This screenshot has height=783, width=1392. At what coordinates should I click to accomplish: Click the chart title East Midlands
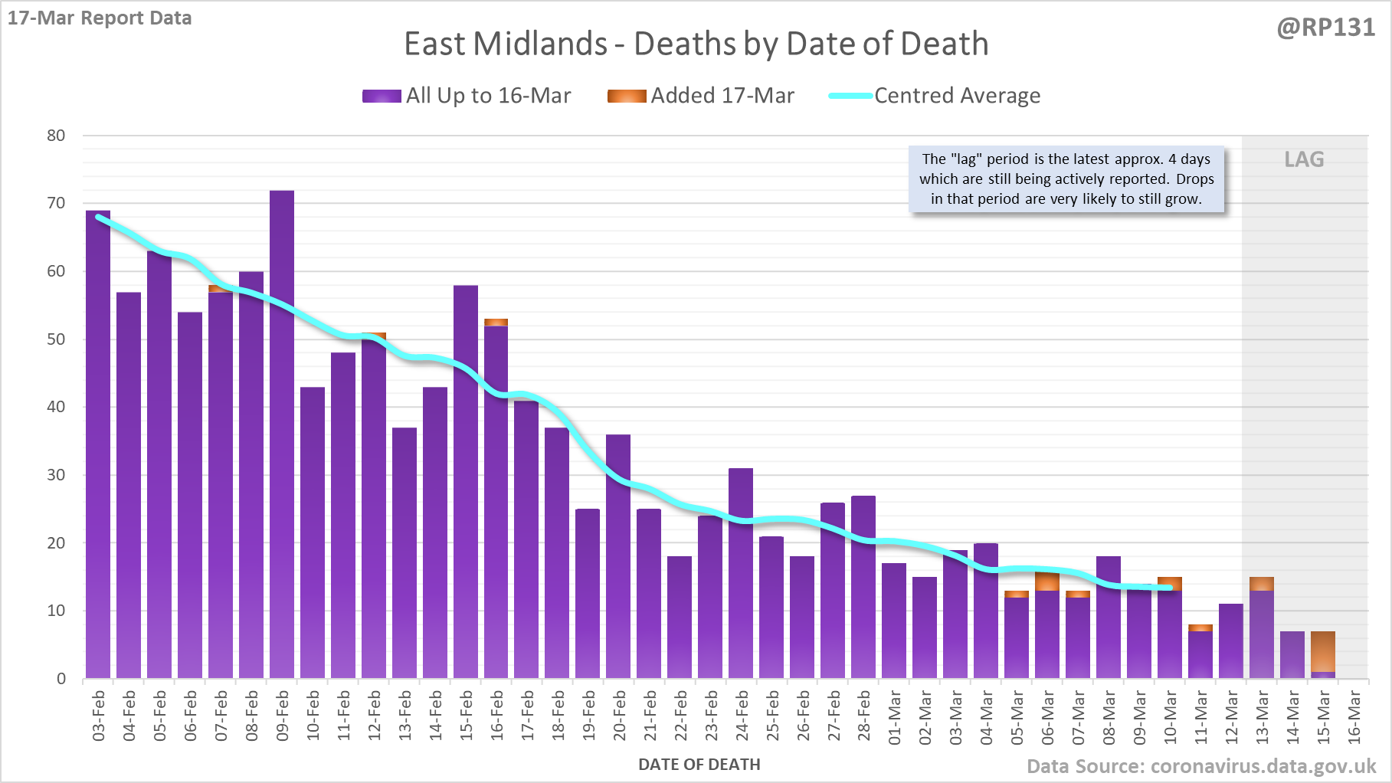[x=696, y=44]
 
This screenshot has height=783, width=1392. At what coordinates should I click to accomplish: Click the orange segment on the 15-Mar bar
[x=1323, y=652]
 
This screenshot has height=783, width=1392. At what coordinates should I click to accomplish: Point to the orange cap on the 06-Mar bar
[x=1047, y=582]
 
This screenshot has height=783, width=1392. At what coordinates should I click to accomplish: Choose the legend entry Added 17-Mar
[x=701, y=96]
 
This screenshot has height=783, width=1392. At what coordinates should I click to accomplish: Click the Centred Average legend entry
[x=935, y=96]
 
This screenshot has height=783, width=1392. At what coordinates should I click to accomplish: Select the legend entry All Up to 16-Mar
[x=467, y=96]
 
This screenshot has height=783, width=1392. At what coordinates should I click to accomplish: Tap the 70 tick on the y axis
[x=56, y=203]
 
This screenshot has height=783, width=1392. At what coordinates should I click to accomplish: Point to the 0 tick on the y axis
[x=61, y=679]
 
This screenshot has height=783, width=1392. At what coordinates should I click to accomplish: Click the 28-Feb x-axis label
[x=864, y=716]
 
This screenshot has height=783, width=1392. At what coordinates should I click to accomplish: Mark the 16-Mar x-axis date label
[x=1354, y=716]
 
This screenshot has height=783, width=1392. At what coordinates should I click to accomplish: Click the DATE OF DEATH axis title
[x=699, y=765]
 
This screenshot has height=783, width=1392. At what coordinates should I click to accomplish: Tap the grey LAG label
[x=1304, y=159]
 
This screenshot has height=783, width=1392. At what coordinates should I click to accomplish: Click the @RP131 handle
[x=1325, y=28]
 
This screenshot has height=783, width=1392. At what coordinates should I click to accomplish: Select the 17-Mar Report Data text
[x=100, y=18]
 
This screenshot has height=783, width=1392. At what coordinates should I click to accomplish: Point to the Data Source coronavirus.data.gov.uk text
[x=1201, y=766]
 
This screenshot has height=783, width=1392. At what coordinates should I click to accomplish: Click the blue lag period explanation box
[x=1066, y=179]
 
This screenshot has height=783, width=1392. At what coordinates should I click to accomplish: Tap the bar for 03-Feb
[x=98, y=444]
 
